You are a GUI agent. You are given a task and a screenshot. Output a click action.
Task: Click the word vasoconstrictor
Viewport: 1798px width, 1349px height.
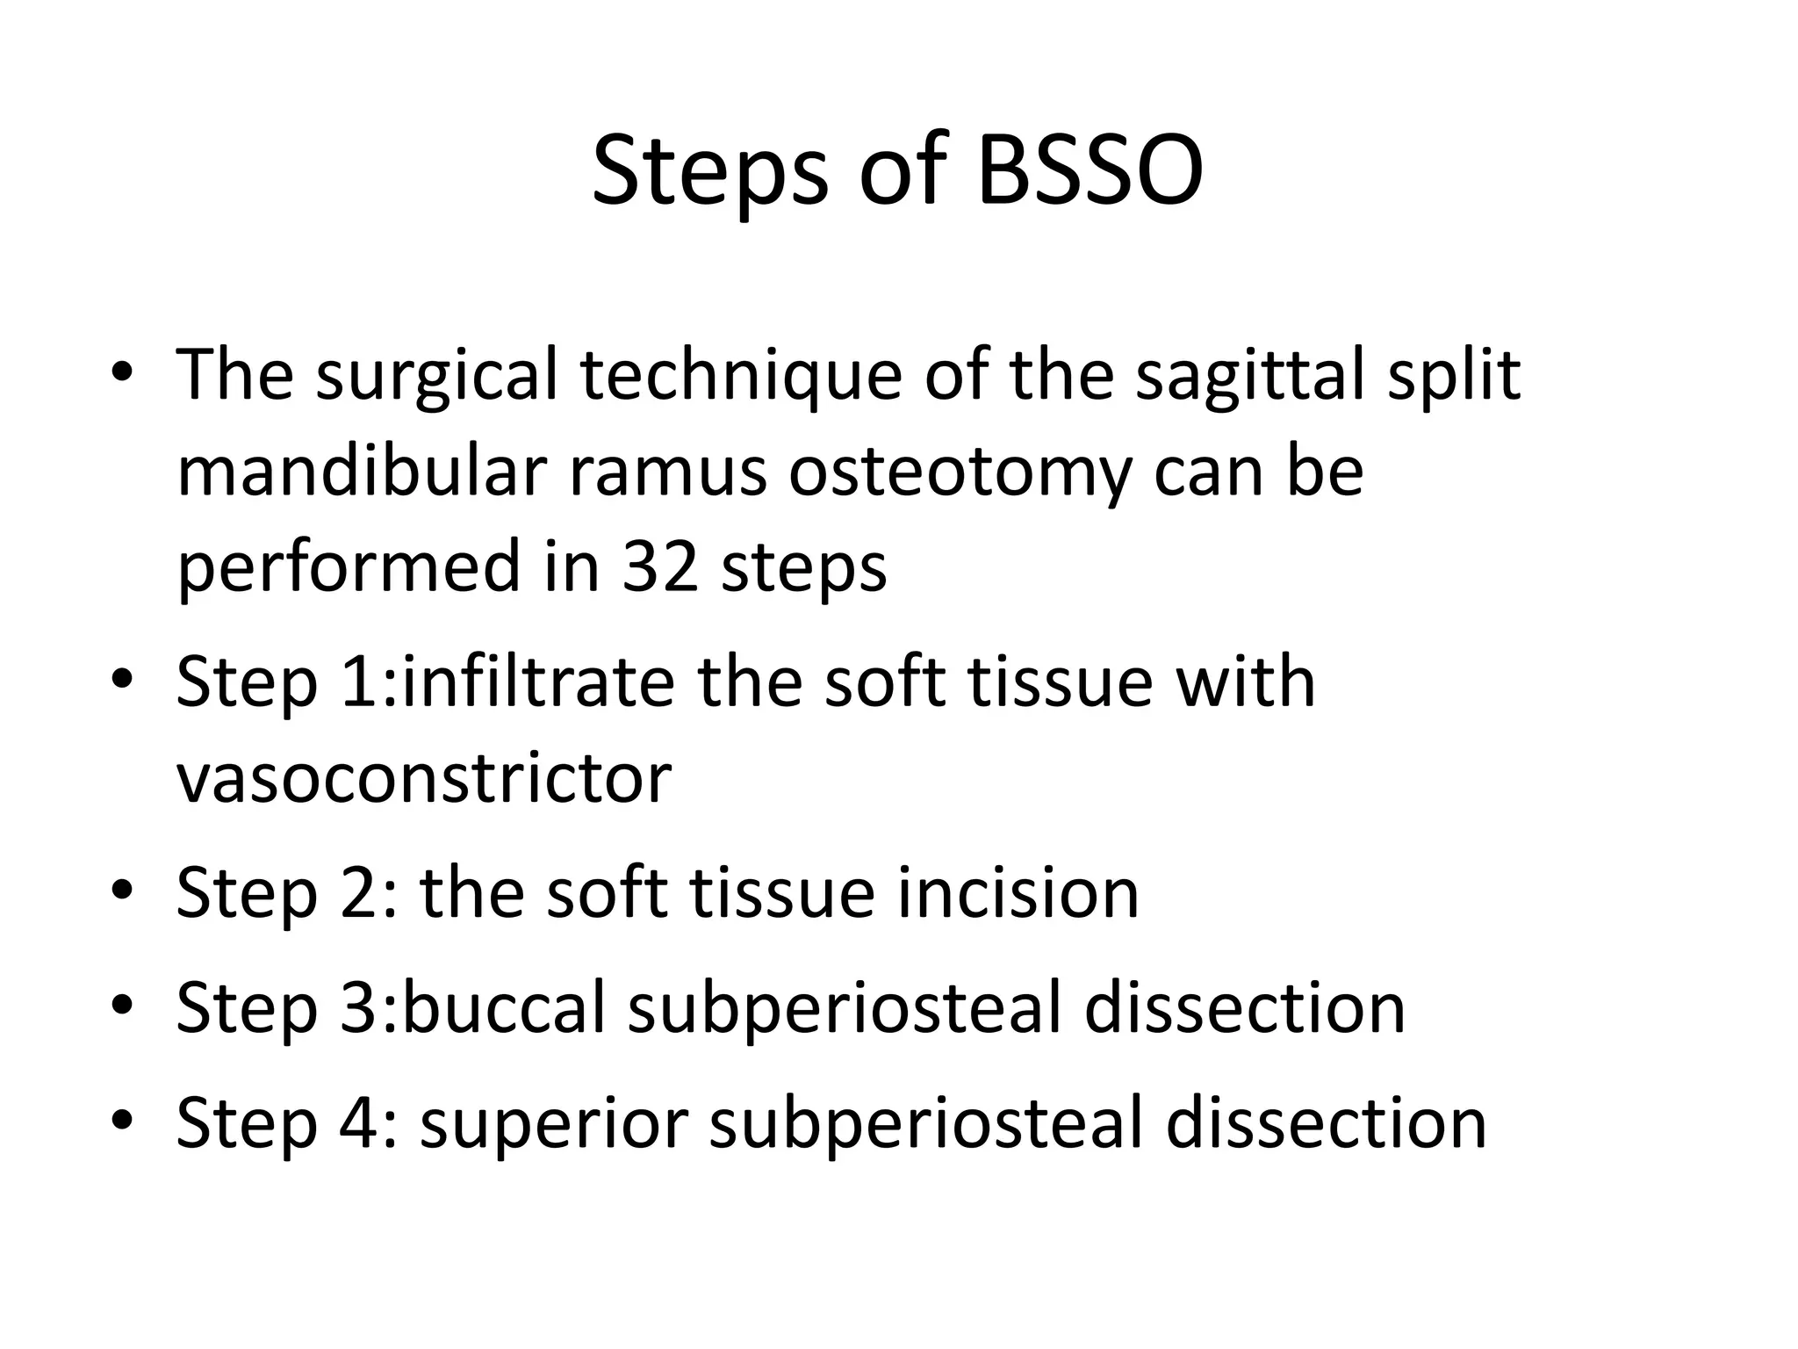tap(423, 779)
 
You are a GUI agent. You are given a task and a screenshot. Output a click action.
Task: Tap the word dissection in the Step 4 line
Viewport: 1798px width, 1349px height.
tap(1326, 1122)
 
